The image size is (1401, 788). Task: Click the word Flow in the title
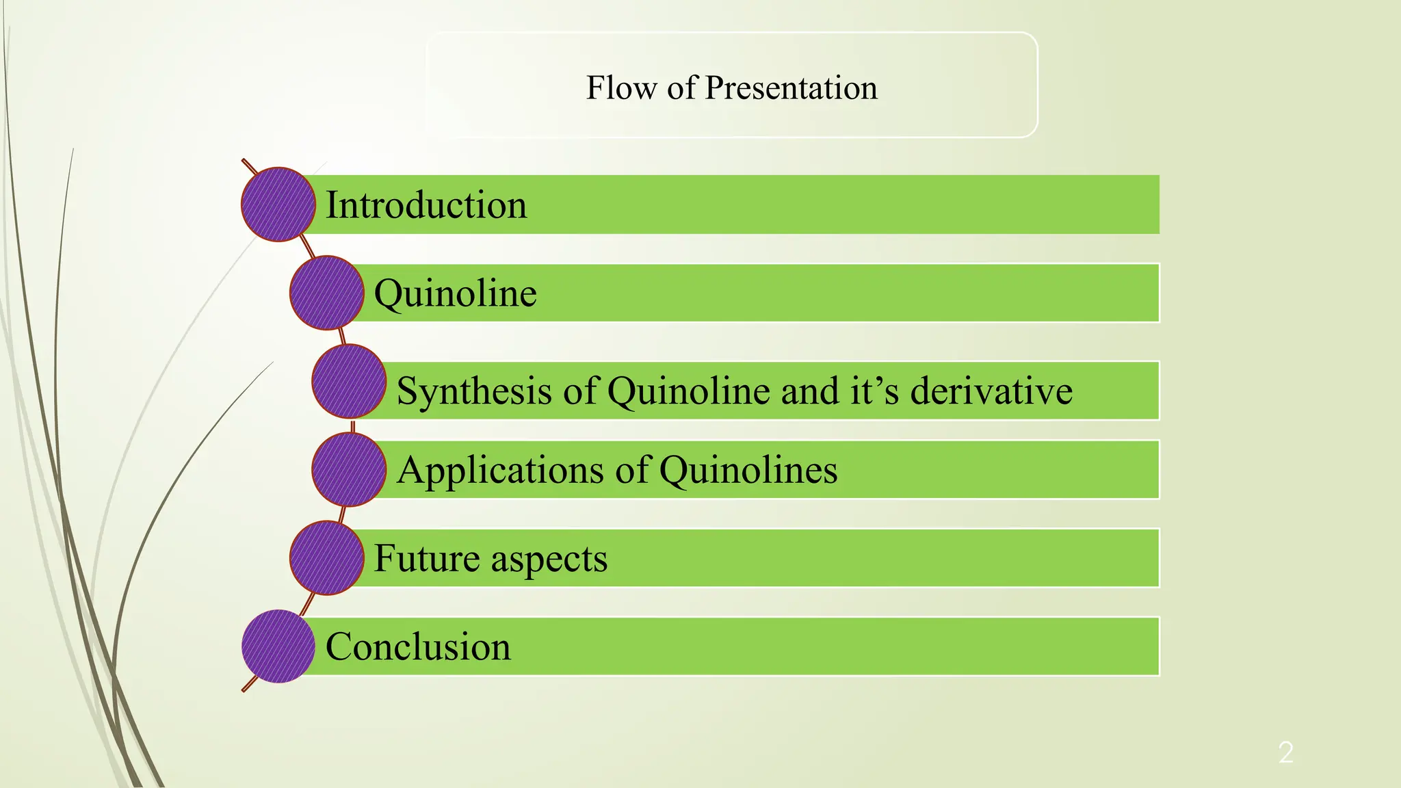click(621, 88)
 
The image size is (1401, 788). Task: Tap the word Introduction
click(426, 205)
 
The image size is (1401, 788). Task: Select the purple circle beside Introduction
click(278, 205)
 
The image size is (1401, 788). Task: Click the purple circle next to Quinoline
click(326, 293)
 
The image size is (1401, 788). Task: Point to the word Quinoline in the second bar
click(456, 294)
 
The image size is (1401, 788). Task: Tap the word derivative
click(991, 391)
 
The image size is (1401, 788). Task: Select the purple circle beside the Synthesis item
click(349, 382)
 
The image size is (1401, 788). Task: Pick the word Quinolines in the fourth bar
click(748, 471)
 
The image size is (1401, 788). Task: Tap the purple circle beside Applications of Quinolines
click(349, 470)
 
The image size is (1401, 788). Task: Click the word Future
click(427, 558)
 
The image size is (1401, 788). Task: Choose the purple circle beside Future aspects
click(326, 557)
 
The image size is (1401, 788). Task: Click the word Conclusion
click(418, 646)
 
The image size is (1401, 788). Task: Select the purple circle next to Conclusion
click(278, 646)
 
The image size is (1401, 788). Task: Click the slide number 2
click(1285, 752)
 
